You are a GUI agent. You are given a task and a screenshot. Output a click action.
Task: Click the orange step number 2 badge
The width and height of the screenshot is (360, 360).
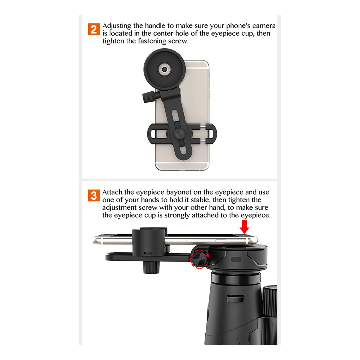pyautogui.click(x=94, y=29)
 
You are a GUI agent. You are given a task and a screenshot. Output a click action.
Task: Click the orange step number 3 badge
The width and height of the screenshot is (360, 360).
pyautogui.click(x=94, y=195)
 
